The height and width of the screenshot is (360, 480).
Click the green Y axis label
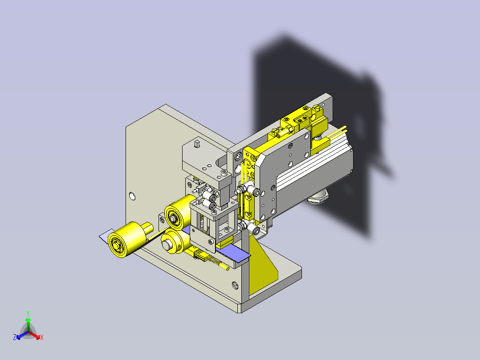[x=28, y=313]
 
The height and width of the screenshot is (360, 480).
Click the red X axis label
[x=42, y=337]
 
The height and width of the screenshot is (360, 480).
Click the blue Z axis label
[x=15, y=337]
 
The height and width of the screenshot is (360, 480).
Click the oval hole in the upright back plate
[x=132, y=196]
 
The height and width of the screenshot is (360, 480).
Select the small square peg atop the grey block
[x=197, y=143]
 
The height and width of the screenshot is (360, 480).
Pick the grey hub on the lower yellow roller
[x=167, y=245]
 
